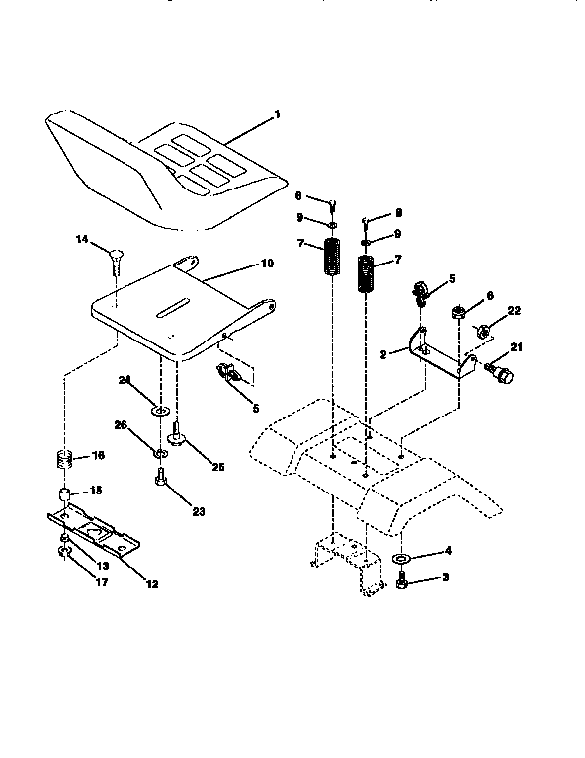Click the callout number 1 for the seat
pyautogui.click(x=278, y=114)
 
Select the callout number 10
pyautogui.click(x=266, y=265)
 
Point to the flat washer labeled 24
pyautogui.click(x=159, y=407)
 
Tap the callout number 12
pyautogui.click(x=152, y=584)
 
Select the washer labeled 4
pyautogui.click(x=402, y=560)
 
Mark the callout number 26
pyautogui.click(x=121, y=426)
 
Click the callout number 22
pyautogui.click(x=514, y=311)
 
